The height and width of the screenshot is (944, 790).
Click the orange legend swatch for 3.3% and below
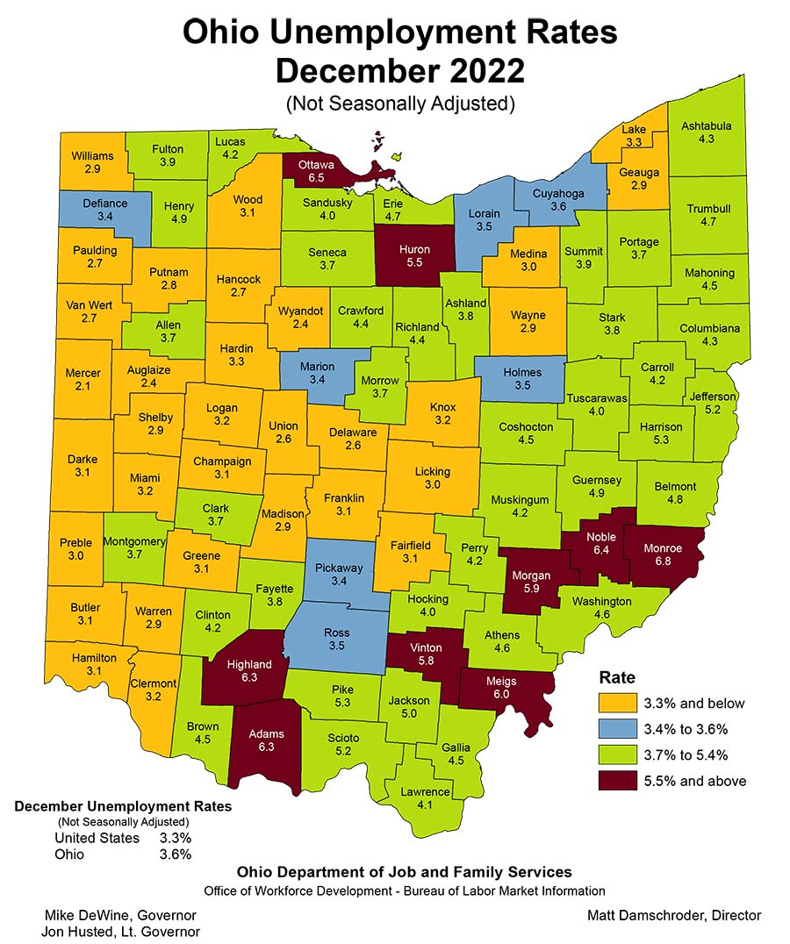(618, 703)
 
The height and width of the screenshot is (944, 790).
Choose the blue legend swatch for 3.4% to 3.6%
(618, 728)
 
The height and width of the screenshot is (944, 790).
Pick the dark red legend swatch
(618, 780)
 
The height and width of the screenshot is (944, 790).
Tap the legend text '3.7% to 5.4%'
(700, 754)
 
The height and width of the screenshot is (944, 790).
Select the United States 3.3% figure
(176, 838)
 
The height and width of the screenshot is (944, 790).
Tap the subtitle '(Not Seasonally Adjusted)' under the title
(399, 103)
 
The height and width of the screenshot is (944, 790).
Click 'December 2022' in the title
(399, 68)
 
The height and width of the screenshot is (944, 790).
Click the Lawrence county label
(425, 792)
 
